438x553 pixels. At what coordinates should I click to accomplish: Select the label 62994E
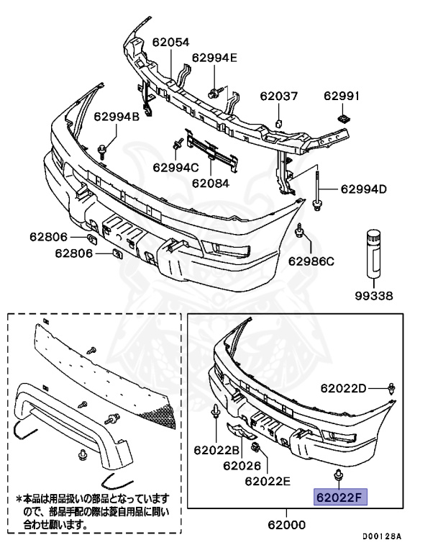214,58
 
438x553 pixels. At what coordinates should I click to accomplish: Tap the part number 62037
278,95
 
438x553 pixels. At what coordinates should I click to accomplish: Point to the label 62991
342,95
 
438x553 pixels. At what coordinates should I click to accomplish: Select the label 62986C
312,261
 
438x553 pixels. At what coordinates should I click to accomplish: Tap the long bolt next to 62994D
316,187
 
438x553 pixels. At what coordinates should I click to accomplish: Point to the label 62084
211,183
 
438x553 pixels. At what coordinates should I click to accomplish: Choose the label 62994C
175,167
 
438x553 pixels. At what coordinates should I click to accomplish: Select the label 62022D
344,388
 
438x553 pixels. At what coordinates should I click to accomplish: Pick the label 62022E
268,480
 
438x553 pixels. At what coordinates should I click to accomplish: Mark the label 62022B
216,450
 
